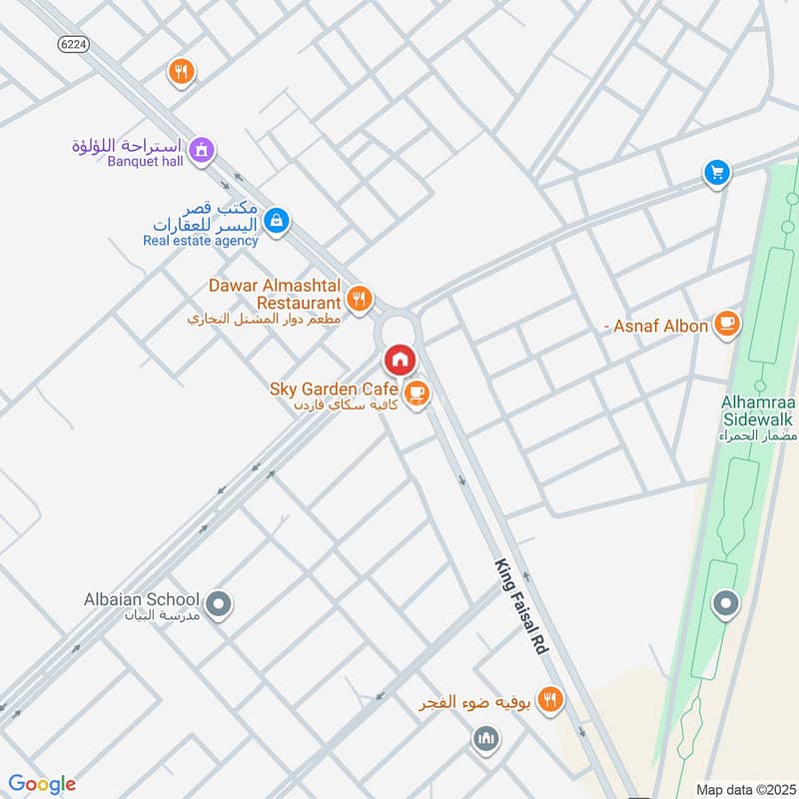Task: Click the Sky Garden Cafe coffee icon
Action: point(417,394)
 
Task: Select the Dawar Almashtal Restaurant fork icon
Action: point(360,297)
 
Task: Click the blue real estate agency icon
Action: point(278,221)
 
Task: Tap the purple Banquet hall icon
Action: point(203,150)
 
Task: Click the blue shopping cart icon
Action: point(716,173)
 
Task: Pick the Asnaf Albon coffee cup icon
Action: point(726,324)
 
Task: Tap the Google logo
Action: point(42,783)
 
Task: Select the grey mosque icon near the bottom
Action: point(485,739)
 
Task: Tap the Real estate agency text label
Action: point(200,240)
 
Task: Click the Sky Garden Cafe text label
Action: point(334,388)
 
